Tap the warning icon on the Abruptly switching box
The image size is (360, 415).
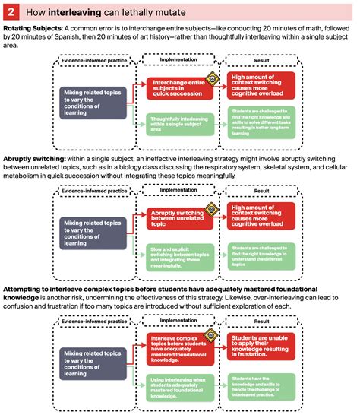tap(213, 209)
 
